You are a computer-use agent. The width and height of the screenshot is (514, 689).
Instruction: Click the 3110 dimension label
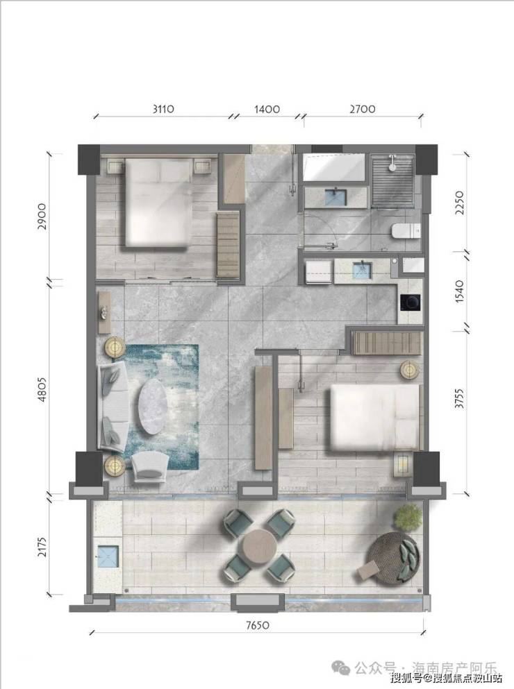[x=164, y=109]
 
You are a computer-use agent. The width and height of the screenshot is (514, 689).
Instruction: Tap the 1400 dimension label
[x=267, y=109]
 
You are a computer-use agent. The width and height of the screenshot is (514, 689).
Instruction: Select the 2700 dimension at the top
[x=363, y=109]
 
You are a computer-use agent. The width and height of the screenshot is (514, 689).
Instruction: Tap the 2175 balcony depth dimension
[x=42, y=545]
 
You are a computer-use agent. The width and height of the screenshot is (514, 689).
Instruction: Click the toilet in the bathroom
[x=406, y=232]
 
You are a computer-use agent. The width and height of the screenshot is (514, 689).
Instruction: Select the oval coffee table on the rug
[x=153, y=401]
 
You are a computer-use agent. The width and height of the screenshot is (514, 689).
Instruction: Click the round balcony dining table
[x=258, y=546]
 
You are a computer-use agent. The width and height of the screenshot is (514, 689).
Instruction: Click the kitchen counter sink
[x=362, y=269]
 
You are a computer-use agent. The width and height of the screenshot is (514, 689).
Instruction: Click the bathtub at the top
[x=334, y=167]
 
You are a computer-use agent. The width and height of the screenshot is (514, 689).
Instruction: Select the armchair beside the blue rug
[x=149, y=468]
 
